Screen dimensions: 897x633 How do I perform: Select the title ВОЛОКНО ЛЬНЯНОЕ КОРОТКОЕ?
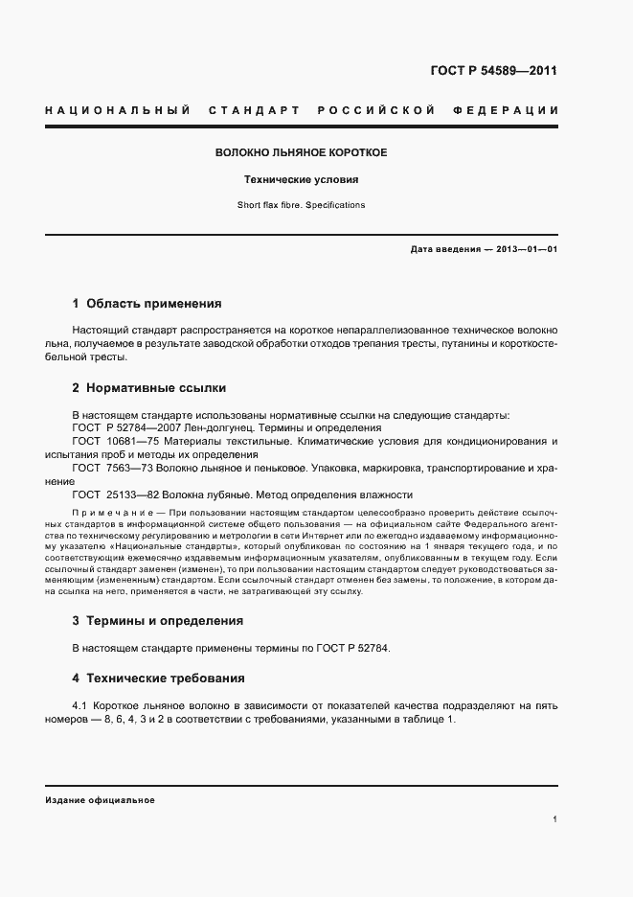coord(301,152)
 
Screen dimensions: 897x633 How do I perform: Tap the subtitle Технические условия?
coord(301,179)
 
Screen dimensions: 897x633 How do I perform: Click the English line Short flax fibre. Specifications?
coord(301,205)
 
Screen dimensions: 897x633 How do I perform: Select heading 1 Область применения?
coord(147,304)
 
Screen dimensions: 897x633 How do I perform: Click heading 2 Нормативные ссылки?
coord(149,388)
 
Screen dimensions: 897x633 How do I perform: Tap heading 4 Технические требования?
coord(158,678)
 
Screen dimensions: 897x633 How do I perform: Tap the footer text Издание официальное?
coord(100,799)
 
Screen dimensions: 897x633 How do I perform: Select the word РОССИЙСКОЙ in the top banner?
coord(376,110)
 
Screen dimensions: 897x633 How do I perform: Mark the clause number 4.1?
coord(81,706)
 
